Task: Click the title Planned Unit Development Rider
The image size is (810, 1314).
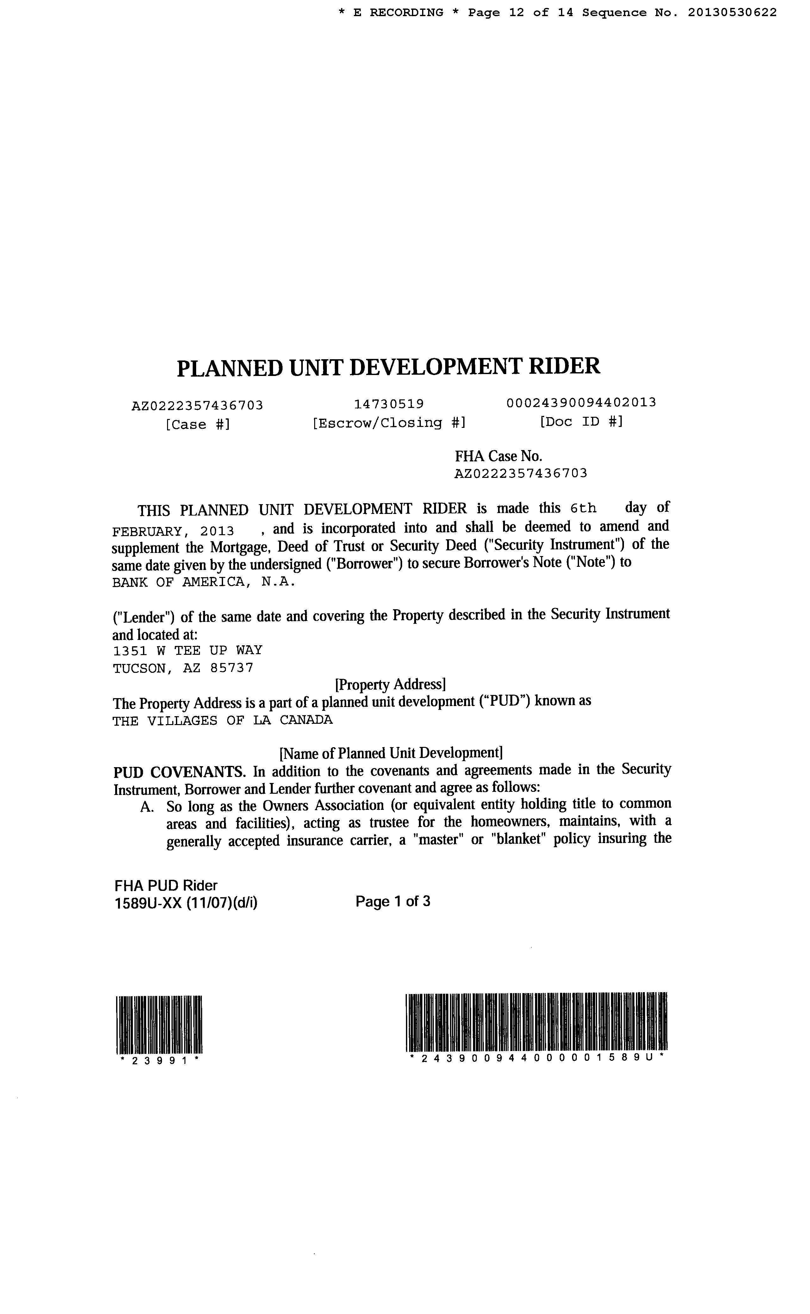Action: [x=389, y=367]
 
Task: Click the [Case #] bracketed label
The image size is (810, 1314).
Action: [x=198, y=425]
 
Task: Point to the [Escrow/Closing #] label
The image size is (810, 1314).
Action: [x=389, y=423]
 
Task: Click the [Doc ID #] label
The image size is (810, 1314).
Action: [x=581, y=422]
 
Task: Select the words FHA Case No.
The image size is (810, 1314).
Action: [x=498, y=456]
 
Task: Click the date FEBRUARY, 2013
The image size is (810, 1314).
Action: [x=173, y=531]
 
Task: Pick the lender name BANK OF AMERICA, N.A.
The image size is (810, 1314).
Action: [x=203, y=582]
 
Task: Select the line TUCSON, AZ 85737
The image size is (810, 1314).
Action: [x=183, y=668]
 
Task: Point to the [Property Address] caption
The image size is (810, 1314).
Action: [x=390, y=685]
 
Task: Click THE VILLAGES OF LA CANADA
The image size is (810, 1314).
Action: [x=222, y=721]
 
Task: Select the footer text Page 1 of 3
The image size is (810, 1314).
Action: [x=393, y=902]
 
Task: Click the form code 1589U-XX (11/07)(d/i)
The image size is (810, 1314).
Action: [x=186, y=904]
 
